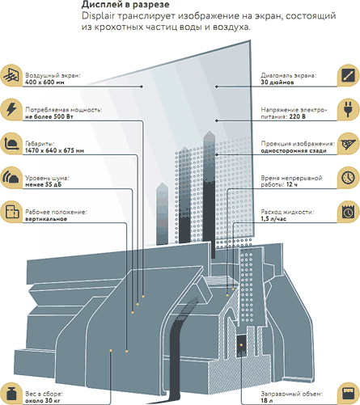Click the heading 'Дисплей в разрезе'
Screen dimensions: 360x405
point(125,5)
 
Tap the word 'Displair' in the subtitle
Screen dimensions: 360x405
point(98,16)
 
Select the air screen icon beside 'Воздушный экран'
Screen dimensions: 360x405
point(11,75)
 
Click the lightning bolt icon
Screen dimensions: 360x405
point(11,110)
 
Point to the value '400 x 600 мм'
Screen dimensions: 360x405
point(44,82)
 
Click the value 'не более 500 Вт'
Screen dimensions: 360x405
point(49,116)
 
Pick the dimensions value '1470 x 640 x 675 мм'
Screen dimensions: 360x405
point(54,150)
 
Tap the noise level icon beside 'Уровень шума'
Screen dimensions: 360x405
point(11,178)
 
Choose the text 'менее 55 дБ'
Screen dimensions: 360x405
point(44,185)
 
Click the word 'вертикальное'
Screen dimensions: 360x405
point(46,219)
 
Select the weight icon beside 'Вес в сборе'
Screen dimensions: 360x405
point(11,394)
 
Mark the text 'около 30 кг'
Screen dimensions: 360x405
point(43,401)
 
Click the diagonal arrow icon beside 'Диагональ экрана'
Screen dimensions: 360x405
point(349,75)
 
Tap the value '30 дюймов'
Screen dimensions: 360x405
point(277,82)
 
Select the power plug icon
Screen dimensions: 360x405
point(349,110)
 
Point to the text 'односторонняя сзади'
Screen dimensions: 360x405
point(294,151)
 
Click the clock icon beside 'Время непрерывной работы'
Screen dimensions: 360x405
point(349,178)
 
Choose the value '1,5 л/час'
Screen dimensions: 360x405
point(273,219)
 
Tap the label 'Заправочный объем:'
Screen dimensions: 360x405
point(291,394)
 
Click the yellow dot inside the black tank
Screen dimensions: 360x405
point(241,345)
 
